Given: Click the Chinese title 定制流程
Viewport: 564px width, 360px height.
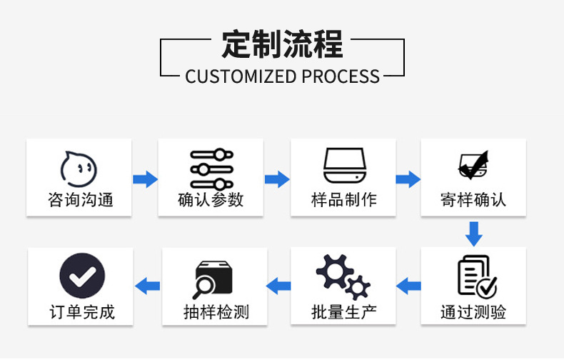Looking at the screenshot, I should [x=282, y=44].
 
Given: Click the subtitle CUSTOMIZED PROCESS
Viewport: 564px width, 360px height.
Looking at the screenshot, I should [x=282, y=76].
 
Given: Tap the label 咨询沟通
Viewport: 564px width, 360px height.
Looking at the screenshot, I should [x=79, y=199].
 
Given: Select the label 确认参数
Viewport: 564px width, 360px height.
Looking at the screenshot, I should [x=211, y=199].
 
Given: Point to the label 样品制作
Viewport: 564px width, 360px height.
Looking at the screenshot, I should [x=343, y=199].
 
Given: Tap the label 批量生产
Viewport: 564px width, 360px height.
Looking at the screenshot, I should [x=343, y=312].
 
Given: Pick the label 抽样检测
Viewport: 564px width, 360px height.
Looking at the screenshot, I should [x=216, y=312].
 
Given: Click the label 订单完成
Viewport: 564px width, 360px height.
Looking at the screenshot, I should [x=81, y=312].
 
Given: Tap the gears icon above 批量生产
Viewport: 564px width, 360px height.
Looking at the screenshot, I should [x=343, y=277].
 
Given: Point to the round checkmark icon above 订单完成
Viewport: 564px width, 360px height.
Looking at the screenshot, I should [x=81, y=276].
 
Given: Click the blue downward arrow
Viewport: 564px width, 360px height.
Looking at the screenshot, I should [x=473, y=233].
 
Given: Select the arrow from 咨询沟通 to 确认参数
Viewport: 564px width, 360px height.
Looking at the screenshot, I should [x=145, y=179].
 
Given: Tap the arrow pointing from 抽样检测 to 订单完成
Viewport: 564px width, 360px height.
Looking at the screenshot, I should [x=148, y=286].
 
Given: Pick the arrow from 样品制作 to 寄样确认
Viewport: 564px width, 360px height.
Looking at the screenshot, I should [x=408, y=179].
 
